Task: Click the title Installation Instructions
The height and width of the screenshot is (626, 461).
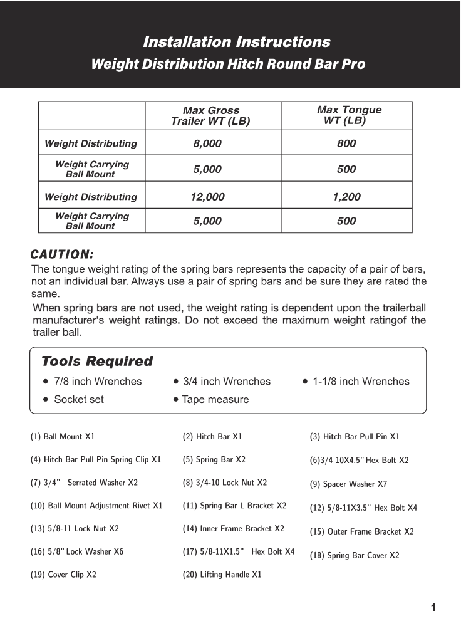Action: pos(236,43)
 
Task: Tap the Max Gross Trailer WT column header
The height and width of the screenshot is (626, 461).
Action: pos(210,116)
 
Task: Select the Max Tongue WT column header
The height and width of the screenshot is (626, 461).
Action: pos(348,115)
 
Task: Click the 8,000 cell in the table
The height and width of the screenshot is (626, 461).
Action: pos(207,143)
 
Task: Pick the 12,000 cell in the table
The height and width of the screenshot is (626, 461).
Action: pos(207,197)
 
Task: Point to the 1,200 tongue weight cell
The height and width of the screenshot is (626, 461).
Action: pos(346,197)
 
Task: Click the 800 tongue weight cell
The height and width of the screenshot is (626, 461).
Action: pos(346,143)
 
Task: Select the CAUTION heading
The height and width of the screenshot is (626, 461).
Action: pos(62,254)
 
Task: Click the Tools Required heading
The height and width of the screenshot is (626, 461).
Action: pos(97,362)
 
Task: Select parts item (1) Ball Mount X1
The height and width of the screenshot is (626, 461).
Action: pos(63,436)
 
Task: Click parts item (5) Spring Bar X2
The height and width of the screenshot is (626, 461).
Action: pos(214,459)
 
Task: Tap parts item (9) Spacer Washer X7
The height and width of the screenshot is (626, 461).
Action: pos(348,484)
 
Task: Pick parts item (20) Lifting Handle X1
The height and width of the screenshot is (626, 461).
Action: pos(222,575)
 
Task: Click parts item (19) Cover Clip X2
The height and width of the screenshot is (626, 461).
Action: pos(63,575)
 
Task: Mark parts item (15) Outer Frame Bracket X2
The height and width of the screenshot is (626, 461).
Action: pos(361,532)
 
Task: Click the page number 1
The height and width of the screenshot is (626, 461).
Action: pos(433,607)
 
